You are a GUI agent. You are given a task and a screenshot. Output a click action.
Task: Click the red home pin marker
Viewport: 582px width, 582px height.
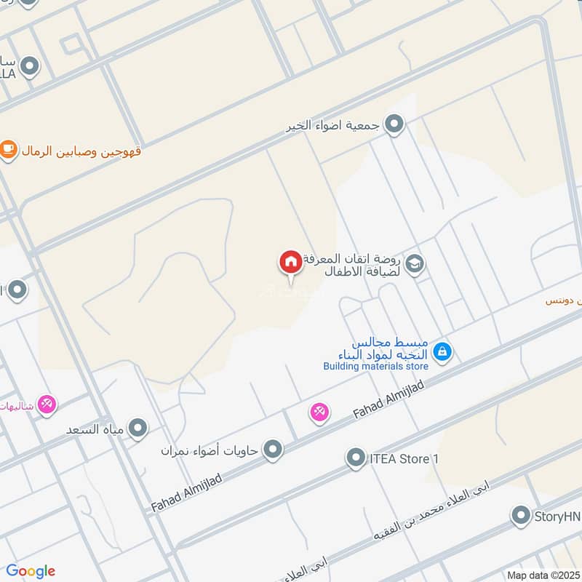[x=290, y=262]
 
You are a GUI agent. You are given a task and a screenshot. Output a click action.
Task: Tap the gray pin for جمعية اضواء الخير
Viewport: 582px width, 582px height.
[x=394, y=124]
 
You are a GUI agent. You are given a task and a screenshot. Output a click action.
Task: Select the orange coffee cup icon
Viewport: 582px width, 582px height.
[x=8, y=150]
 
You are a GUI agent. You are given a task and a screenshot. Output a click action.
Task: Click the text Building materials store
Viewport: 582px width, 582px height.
[x=376, y=366]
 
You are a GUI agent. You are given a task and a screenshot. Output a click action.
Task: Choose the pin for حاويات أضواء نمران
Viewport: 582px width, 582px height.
[x=273, y=450]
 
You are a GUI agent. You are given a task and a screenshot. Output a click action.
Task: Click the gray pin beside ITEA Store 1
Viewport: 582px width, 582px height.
[x=356, y=458]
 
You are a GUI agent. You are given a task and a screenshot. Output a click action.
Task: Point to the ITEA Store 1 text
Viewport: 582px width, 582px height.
[x=405, y=459]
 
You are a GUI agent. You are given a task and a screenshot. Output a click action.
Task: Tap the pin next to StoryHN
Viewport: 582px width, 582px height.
[x=520, y=516]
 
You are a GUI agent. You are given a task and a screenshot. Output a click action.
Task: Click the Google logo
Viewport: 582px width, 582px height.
[x=30, y=571]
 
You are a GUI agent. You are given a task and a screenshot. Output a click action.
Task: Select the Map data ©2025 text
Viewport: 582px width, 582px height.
[x=542, y=575]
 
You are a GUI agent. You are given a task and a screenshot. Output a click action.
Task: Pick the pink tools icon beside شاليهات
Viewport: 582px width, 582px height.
[x=47, y=404]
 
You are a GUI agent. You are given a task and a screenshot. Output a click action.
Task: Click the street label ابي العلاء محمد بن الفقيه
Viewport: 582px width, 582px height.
[x=434, y=522]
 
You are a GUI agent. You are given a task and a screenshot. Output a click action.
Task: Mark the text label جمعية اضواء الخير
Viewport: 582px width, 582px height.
[x=333, y=125]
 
